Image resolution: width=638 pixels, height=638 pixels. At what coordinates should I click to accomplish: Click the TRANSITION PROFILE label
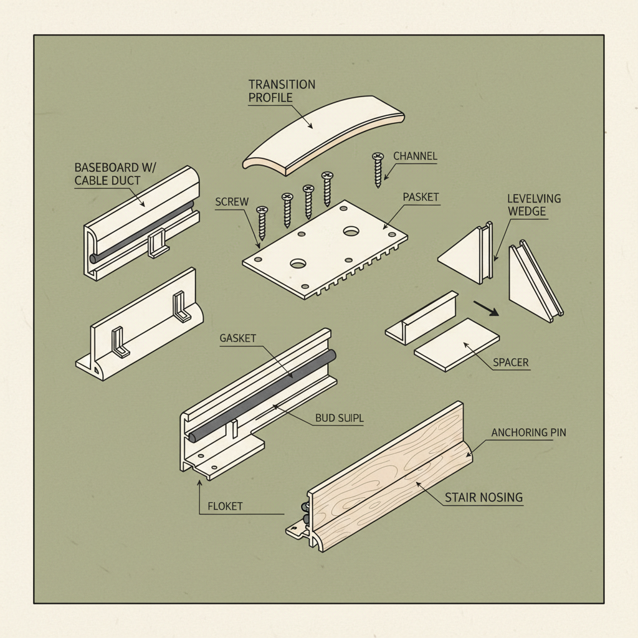282,90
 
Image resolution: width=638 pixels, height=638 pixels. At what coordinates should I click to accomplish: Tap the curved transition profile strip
324,134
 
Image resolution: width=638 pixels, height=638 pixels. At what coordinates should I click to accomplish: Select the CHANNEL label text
416,156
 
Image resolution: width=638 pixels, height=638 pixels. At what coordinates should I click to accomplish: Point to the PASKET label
421,197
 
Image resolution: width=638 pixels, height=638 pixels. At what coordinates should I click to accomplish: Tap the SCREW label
232,202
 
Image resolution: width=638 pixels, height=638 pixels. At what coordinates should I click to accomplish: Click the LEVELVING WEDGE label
533,205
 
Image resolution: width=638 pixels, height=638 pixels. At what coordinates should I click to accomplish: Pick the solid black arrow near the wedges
487,308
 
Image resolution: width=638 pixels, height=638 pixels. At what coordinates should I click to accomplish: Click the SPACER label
511,362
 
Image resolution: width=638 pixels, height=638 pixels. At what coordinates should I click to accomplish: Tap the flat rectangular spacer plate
457,345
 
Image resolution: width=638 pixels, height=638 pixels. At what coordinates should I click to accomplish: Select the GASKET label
238,338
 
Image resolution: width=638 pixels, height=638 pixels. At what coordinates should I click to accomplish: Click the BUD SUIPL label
340,419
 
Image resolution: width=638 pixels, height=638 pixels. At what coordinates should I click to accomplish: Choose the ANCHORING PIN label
528,432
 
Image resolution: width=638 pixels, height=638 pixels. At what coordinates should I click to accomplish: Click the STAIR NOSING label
483,497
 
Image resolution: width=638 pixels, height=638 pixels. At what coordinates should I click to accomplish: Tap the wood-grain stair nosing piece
386,480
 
